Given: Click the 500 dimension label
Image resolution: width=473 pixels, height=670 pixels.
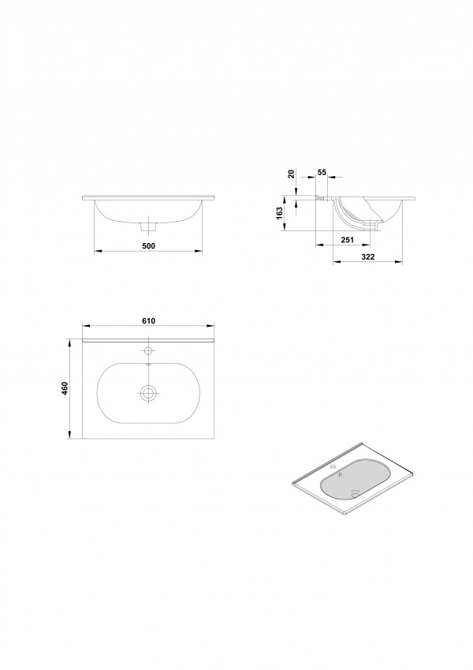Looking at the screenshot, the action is pyautogui.click(x=148, y=245).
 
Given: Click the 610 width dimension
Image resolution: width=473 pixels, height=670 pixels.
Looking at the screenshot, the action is pyautogui.click(x=148, y=321).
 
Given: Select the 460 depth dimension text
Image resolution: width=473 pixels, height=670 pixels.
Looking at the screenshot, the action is pyautogui.click(x=65, y=388).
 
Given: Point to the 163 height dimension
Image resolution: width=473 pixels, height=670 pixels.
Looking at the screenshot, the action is pyautogui.click(x=280, y=213).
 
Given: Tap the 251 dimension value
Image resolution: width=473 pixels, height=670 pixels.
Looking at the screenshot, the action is pyautogui.click(x=348, y=240).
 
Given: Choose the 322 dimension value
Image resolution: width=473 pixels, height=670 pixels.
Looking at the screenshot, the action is pyautogui.click(x=368, y=256).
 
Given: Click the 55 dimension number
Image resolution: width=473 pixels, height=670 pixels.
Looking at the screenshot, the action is pyautogui.click(x=322, y=172).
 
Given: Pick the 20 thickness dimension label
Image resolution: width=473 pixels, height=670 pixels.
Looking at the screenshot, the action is pyautogui.click(x=291, y=174).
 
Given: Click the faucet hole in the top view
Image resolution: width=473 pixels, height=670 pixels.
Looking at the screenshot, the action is pyautogui.click(x=148, y=351).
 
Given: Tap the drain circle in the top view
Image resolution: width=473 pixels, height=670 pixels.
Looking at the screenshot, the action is pyautogui.click(x=148, y=393).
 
